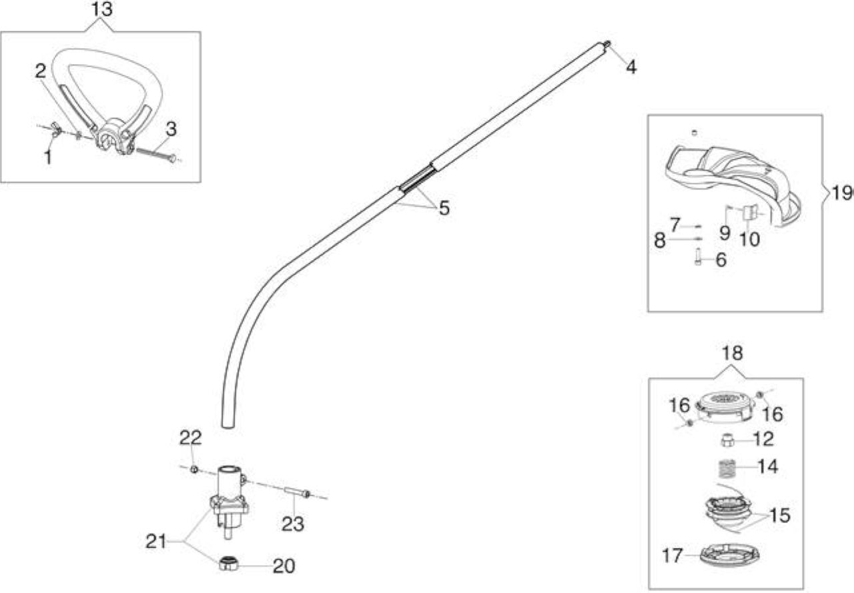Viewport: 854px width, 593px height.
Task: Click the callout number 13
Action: coord(102,9)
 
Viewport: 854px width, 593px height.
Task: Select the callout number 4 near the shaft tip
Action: coord(631,67)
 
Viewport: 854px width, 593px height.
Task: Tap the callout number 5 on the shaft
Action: coord(444,208)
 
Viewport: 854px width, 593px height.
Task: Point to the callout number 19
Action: coord(841,193)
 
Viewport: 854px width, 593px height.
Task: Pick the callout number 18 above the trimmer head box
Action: coord(733,354)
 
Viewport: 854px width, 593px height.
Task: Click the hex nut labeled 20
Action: coord(229,563)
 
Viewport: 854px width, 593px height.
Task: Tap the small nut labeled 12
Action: coord(728,441)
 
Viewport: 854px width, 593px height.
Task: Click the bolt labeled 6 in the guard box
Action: coord(698,257)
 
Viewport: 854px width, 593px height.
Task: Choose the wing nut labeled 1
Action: coord(56,129)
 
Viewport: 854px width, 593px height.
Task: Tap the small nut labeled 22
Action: coord(194,469)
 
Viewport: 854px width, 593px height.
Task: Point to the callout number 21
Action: coord(156,542)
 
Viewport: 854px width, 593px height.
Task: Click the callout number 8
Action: coord(660,241)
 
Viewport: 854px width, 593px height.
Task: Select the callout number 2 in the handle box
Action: coord(41,71)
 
